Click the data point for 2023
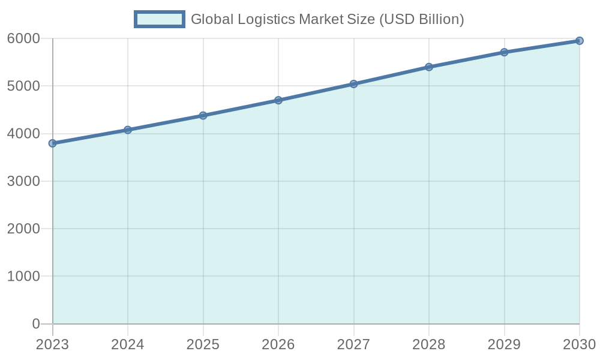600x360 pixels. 53,143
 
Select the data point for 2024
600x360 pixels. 128,130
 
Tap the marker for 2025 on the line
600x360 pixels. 203,115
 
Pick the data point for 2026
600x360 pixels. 278,100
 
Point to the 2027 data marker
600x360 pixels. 354,84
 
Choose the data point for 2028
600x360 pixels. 429,67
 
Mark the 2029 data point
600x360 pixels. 505,52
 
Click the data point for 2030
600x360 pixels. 580,41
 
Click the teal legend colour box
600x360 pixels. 160,19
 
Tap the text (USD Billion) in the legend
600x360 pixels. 421,19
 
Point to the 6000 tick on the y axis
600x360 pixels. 23,39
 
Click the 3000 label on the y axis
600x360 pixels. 23,181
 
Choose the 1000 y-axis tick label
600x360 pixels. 23,277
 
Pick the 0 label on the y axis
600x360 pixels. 36,324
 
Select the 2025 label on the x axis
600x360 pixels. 203,345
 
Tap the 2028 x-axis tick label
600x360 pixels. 429,345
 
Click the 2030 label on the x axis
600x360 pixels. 578,345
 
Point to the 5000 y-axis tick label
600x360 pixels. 23,86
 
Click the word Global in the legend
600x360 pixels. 210,19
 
